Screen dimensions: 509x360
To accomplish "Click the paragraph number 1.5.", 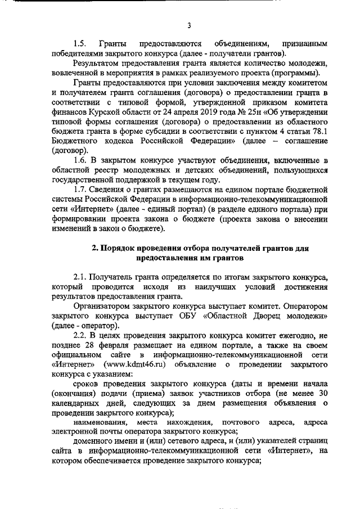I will click(x=81, y=43).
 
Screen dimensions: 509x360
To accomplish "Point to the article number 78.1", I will click(x=319, y=131).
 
